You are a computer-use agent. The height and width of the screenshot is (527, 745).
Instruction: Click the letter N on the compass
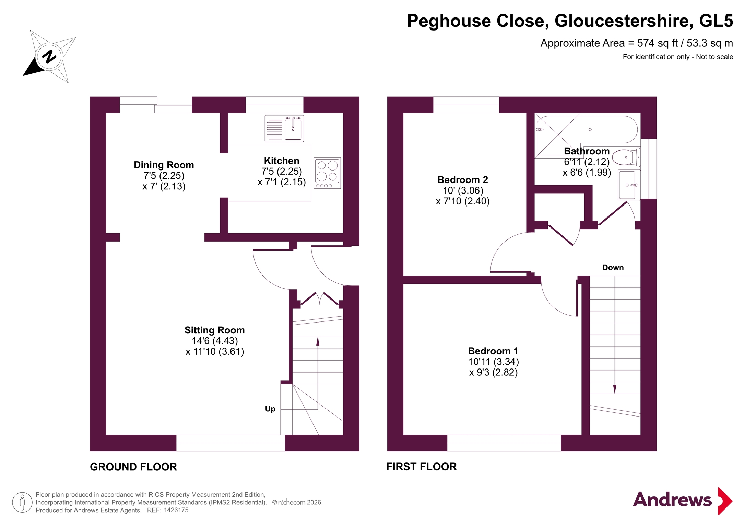(49, 57)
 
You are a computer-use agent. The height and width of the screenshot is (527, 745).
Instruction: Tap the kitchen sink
(284, 129)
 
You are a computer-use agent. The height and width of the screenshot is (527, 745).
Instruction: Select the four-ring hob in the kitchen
(327, 173)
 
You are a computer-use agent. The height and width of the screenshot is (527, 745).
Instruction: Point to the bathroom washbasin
(629, 185)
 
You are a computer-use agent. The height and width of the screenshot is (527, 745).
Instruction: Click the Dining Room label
(164, 165)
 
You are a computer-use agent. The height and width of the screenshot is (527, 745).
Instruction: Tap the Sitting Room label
(215, 330)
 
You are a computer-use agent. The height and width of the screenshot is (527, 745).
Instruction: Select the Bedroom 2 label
(463, 180)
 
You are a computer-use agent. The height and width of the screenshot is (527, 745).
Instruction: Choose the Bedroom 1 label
(493, 351)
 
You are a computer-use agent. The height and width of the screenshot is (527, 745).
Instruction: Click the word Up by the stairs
(270, 409)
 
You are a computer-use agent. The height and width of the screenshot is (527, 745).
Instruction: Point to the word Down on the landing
(613, 268)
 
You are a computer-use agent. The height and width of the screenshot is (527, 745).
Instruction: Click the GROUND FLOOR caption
(133, 467)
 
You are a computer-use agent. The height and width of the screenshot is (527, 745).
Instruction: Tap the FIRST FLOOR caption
(422, 467)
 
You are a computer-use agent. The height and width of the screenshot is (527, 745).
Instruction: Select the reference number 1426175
(176, 510)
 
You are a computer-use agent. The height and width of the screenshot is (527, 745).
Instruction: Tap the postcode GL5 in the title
(716, 21)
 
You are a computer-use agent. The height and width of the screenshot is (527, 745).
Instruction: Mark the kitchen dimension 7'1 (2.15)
(282, 182)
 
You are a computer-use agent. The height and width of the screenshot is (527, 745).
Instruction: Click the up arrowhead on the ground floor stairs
(318, 341)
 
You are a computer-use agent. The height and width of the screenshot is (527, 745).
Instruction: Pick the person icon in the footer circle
(22, 502)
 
